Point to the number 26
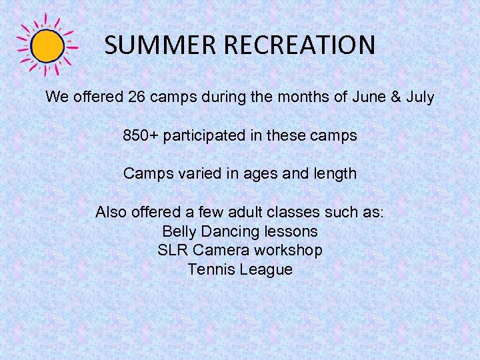tap(137, 97)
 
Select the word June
tap(369, 97)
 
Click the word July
tap(419, 97)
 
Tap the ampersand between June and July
tap(395, 97)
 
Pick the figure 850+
tap(141, 135)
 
